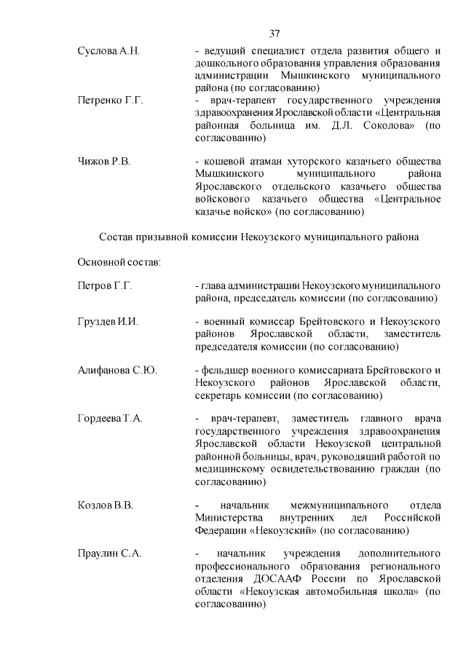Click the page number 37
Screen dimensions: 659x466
point(275,33)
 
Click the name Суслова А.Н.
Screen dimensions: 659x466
point(108,50)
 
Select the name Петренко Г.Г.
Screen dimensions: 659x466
point(110,100)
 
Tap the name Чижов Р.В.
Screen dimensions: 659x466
point(104,162)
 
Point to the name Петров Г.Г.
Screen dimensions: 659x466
point(105,285)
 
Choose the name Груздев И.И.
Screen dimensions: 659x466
point(108,322)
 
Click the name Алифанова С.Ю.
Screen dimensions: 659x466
point(117,371)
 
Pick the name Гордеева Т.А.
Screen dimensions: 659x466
point(110,418)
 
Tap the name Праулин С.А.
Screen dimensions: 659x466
point(109,553)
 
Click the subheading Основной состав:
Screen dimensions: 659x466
point(120,261)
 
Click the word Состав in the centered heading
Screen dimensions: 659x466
point(115,237)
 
